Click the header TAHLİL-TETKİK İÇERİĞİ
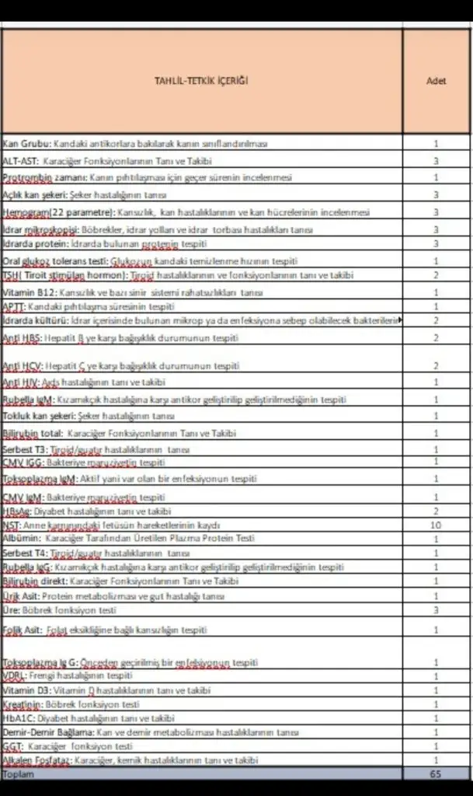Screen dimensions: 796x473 click(201, 81)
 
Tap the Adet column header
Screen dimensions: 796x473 click(436, 81)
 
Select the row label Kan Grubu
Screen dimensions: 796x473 click(27, 144)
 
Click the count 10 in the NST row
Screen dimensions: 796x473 click(436, 525)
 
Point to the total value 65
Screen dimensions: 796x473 click(436, 775)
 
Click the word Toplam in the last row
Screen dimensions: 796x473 click(19, 775)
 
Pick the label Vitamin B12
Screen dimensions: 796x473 click(26, 292)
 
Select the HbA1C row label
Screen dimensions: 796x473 click(18, 718)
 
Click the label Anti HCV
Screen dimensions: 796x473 click(21, 365)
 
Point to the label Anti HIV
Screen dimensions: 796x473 click(20, 382)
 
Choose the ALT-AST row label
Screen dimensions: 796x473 click(19, 161)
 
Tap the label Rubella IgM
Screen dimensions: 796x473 click(27, 400)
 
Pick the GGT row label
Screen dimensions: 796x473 click(13, 746)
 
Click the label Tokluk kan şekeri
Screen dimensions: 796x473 click(34, 416)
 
